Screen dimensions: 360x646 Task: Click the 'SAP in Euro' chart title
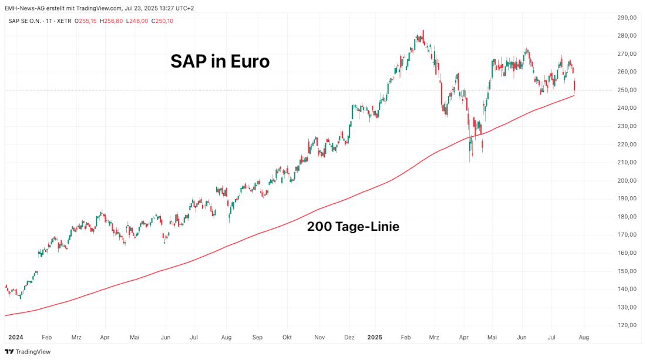click(220, 61)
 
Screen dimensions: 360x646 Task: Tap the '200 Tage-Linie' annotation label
click(353, 226)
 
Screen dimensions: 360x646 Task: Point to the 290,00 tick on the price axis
click(628, 18)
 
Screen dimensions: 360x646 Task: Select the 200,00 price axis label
click(628, 181)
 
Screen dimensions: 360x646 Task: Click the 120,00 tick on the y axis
click(628, 325)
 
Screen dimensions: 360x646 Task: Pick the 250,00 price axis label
click(628, 90)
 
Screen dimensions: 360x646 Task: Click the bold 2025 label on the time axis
click(375, 338)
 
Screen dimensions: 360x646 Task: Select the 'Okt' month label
click(287, 338)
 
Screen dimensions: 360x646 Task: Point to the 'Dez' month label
click(349, 338)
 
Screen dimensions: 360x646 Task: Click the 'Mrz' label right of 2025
click(434, 338)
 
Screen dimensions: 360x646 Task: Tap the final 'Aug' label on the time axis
click(584, 338)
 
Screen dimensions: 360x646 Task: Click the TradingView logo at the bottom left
click(28, 352)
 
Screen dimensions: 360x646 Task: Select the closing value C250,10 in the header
click(162, 21)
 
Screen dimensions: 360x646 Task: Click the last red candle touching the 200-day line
click(574, 86)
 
